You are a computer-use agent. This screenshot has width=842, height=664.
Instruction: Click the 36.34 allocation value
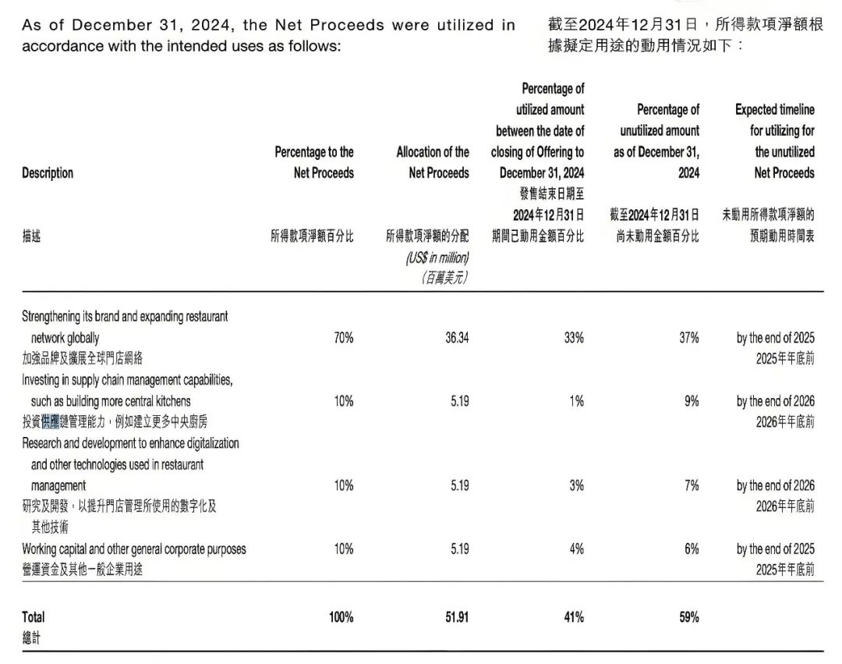point(457,338)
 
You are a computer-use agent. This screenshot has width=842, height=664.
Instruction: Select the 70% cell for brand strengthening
point(343,338)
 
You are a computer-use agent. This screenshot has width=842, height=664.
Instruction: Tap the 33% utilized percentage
point(574,338)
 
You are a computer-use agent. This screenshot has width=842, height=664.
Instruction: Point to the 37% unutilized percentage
point(689,338)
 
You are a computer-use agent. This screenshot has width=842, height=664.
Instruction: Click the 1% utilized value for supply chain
point(576,401)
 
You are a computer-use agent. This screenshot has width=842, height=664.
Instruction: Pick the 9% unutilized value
point(692,401)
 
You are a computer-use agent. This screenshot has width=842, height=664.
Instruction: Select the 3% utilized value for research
point(576,485)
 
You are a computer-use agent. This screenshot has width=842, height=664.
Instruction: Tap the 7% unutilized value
point(692,485)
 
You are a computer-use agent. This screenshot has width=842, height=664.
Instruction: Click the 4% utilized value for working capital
point(576,549)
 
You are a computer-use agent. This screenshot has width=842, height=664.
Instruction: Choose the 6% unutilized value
point(692,549)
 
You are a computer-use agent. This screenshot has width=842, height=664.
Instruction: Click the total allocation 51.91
point(456,617)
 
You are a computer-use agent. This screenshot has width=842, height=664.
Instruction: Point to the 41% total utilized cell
point(573,617)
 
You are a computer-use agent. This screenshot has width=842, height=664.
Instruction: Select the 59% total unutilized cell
point(688,617)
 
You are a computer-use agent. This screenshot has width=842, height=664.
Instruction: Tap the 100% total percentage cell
point(341,617)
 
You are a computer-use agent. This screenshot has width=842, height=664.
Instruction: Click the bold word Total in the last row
point(34,617)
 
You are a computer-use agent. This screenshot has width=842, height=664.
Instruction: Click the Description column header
point(48,173)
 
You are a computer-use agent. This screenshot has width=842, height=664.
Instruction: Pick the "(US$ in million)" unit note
point(437,257)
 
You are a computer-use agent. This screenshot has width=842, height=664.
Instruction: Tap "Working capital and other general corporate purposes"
point(134,549)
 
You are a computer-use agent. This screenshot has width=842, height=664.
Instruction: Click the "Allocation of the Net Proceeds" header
point(433,162)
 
